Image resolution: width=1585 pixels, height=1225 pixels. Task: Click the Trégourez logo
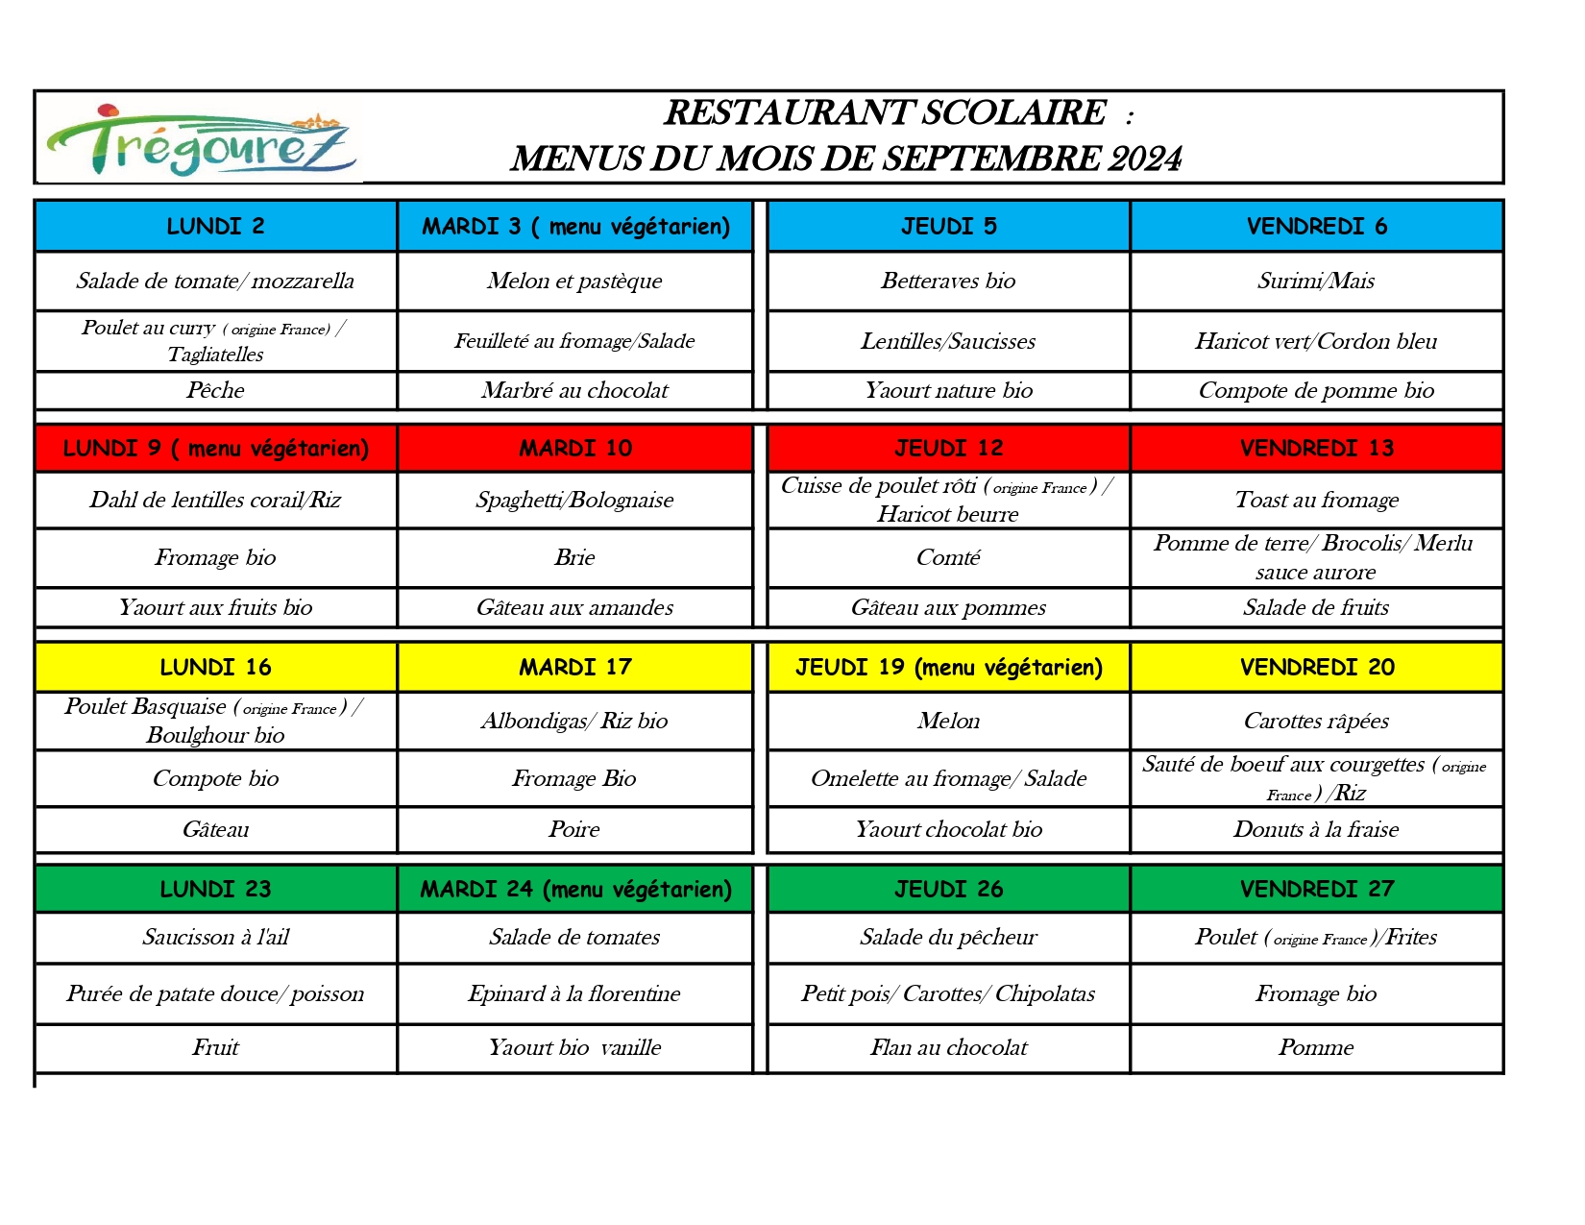(200, 140)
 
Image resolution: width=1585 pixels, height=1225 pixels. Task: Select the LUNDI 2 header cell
(215, 227)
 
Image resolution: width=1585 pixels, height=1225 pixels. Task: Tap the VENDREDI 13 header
(1316, 449)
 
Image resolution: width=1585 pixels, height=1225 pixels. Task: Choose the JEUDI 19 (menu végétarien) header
(948, 668)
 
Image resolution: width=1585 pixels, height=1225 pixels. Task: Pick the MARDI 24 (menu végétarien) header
(575, 890)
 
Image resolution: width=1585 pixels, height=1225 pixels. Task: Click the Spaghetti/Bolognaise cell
(574, 501)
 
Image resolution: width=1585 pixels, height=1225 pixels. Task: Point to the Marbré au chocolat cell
(574, 391)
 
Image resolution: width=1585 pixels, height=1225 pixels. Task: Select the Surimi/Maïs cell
(1316, 282)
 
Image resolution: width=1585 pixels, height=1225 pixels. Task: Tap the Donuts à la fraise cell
(1316, 830)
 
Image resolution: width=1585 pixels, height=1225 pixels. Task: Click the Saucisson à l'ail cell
(215, 938)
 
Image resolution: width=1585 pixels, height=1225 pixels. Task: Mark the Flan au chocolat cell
(948, 1048)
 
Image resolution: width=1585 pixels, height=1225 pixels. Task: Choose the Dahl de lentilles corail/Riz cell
(215, 501)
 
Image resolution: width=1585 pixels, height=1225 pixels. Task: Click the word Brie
(574, 558)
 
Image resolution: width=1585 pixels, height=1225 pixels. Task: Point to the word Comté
(948, 558)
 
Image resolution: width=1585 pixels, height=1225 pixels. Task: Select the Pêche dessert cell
(215, 391)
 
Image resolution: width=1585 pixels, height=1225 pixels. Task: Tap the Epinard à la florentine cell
(574, 994)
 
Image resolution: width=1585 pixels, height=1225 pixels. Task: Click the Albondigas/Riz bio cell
(574, 722)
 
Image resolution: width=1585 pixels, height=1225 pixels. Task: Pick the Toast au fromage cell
(1316, 501)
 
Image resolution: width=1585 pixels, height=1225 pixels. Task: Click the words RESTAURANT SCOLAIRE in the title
(885, 113)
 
